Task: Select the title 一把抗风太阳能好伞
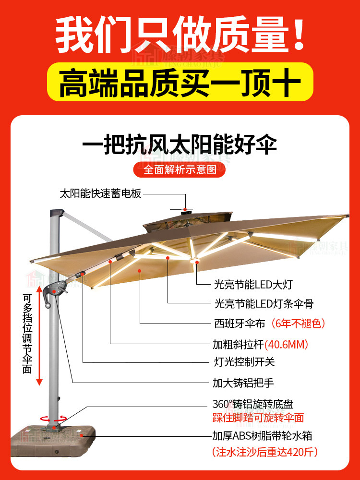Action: pos(180,144)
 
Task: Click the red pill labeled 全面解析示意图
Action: pos(180,169)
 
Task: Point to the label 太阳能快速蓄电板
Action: pos(100,194)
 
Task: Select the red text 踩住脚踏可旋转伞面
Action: pos(258,417)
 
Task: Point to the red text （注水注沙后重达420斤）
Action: pos(265,452)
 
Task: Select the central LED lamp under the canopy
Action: pos(195,262)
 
